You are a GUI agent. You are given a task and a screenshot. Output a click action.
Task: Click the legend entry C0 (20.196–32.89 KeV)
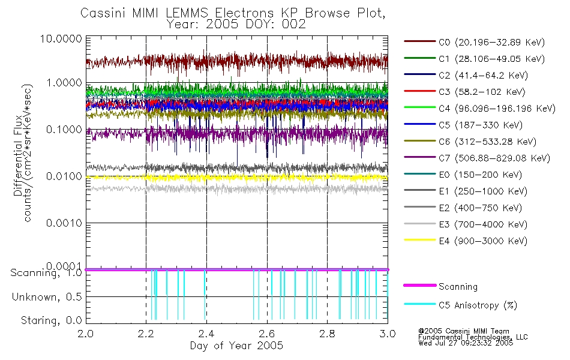click(x=492, y=42)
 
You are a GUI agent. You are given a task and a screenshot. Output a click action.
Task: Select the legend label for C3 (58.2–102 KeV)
click(x=482, y=92)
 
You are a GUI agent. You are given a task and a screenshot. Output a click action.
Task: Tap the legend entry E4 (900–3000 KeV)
click(x=483, y=241)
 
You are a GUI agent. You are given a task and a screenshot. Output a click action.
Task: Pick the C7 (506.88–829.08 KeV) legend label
click(x=494, y=158)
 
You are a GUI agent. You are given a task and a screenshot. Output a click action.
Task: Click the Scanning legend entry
click(x=458, y=287)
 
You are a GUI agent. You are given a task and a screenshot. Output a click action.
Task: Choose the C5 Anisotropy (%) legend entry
click(x=478, y=305)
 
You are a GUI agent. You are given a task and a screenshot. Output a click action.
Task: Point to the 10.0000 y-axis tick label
click(x=61, y=38)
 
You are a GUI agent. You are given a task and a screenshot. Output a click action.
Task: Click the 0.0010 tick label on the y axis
click(x=64, y=223)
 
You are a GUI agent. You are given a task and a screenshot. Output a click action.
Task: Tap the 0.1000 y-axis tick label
click(x=64, y=130)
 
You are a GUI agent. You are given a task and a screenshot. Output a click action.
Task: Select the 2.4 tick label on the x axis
click(x=206, y=334)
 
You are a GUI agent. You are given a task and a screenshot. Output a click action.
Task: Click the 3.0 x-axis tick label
click(x=388, y=334)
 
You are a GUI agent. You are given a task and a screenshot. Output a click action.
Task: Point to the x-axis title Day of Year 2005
click(x=236, y=346)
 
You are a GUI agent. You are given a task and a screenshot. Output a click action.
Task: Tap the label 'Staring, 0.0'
click(x=51, y=320)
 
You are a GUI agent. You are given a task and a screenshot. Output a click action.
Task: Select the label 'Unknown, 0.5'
click(x=47, y=297)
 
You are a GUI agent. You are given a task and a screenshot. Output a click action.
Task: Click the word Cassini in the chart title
click(x=103, y=13)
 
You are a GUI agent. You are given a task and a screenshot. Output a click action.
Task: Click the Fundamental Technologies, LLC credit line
click(x=473, y=337)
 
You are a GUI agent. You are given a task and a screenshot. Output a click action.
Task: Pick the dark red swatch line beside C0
click(x=420, y=41)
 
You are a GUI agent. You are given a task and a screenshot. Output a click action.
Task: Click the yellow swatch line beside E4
click(x=420, y=240)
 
